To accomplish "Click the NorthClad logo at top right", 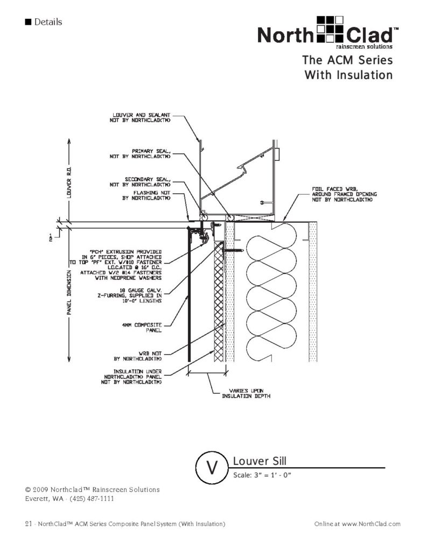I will (327, 33).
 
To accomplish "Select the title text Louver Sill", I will (259, 461).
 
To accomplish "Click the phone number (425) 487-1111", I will (88, 498).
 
